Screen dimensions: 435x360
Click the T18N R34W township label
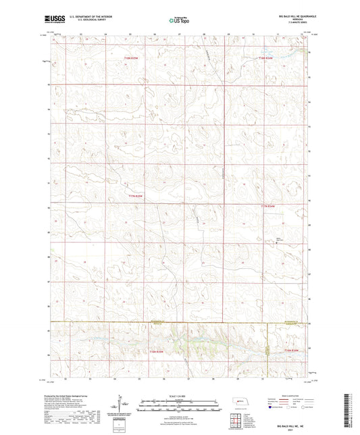[x=267, y=59]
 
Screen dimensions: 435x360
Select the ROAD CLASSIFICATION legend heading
[x=288, y=395]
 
